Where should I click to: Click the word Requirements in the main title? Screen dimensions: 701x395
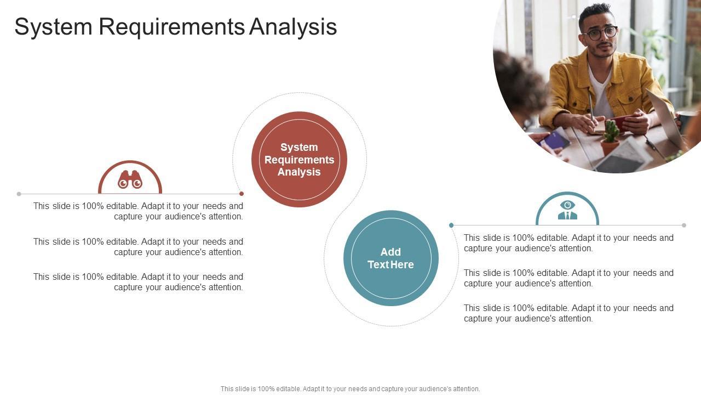[x=172, y=27]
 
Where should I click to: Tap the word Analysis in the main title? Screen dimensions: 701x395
[x=293, y=27]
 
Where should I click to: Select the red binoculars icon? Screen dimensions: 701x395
[x=130, y=179]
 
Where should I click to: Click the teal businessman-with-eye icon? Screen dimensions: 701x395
[x=567, y=210]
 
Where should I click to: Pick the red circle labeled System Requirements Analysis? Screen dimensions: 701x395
[x=299, y=159]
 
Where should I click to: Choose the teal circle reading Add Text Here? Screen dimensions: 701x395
[x=391, y=258]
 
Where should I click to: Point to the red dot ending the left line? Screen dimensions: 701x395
[x=242, y=194]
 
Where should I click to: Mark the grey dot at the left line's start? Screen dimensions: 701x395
[x=19, y=194]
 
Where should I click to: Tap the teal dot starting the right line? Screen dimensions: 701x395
[x=451, y=225]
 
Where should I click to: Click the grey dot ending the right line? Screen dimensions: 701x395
[x=684, y=225]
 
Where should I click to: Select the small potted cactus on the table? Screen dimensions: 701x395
[x=610, y=137]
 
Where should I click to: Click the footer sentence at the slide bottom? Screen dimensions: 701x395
[x=350, y=389]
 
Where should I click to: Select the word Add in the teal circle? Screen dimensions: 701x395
[x=390, y=252]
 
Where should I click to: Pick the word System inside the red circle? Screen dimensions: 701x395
[x=299, y=148]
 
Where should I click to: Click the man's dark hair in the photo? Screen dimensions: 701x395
[x=595, y=14]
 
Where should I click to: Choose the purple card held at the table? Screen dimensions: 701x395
[x=553, y=140]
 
